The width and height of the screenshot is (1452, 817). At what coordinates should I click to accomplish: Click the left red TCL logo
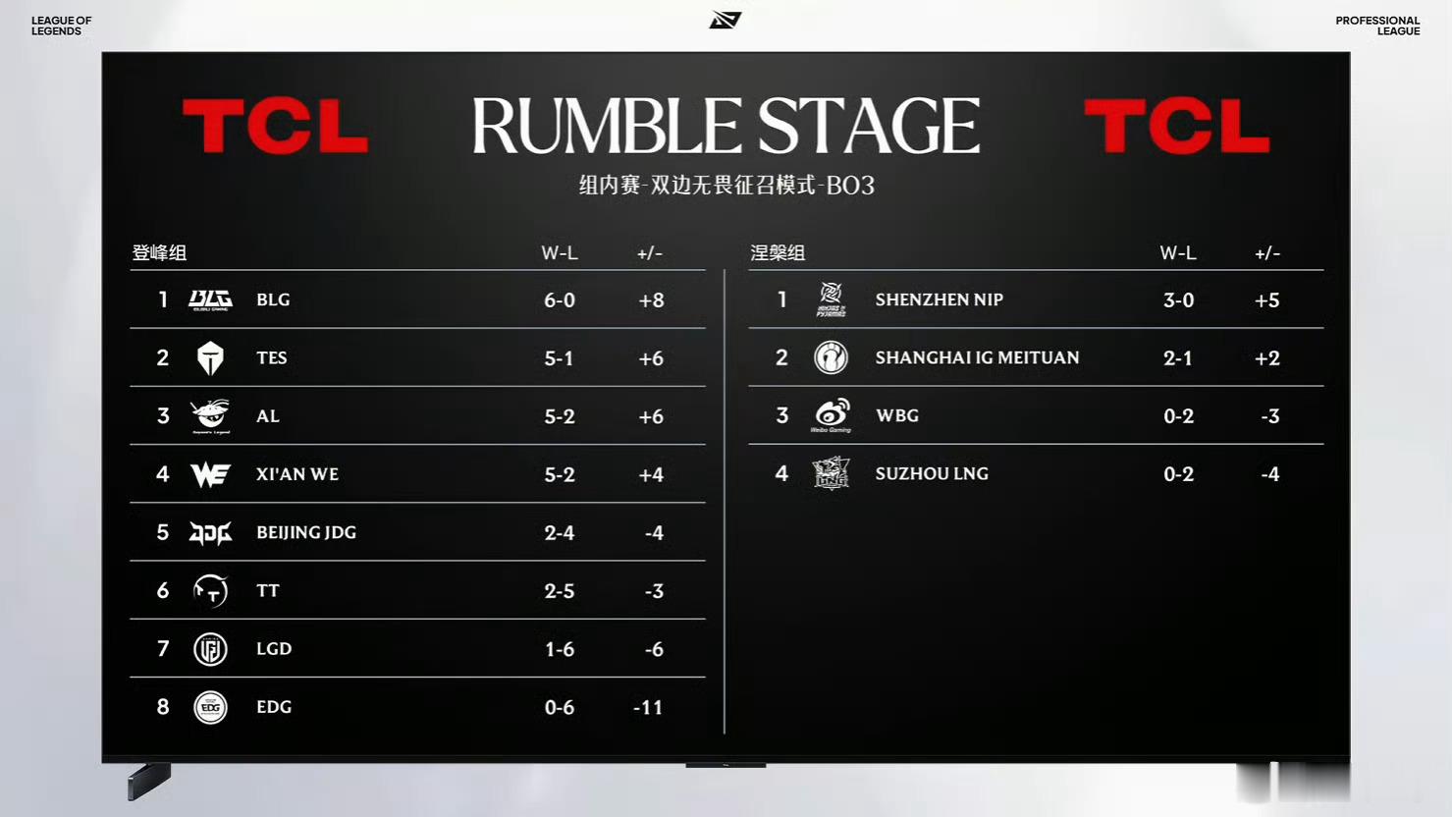[276, 126]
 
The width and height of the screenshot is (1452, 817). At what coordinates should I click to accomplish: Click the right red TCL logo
[1176, 126]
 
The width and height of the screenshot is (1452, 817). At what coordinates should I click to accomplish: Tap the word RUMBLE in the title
[607, 126]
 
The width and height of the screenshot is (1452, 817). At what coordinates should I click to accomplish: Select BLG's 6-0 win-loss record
[560, 300]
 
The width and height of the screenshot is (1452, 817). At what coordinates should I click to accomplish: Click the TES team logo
[210, 357]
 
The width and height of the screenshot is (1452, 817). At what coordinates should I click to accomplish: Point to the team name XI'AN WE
[296, 474]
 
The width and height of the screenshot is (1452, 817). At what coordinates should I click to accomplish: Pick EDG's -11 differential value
[648, 707]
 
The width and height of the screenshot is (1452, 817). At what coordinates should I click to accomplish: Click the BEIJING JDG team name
[306, 532]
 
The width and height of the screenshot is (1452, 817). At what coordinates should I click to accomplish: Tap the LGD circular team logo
[210, 649]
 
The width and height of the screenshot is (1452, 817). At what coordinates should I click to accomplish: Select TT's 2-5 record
[560, 591]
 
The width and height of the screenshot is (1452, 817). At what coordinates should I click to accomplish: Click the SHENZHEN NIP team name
[939, 300]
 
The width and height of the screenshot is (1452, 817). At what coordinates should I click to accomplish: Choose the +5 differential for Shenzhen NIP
[1267, 300]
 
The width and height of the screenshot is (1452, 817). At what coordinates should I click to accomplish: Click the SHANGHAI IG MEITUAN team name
[977, 357]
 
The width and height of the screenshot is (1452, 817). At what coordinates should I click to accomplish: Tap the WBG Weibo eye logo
[831, 414]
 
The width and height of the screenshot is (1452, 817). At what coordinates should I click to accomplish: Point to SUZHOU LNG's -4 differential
[1269, 474]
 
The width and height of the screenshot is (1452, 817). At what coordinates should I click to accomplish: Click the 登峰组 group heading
[159, 252]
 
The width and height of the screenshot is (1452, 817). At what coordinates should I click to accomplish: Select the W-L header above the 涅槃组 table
[1178, 252]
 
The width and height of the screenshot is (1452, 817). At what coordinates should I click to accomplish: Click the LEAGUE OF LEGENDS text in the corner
[61, 26]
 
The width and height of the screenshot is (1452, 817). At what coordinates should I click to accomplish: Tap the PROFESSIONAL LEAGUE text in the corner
[1377, 26]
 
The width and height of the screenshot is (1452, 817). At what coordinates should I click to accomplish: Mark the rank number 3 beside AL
[163, 415]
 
